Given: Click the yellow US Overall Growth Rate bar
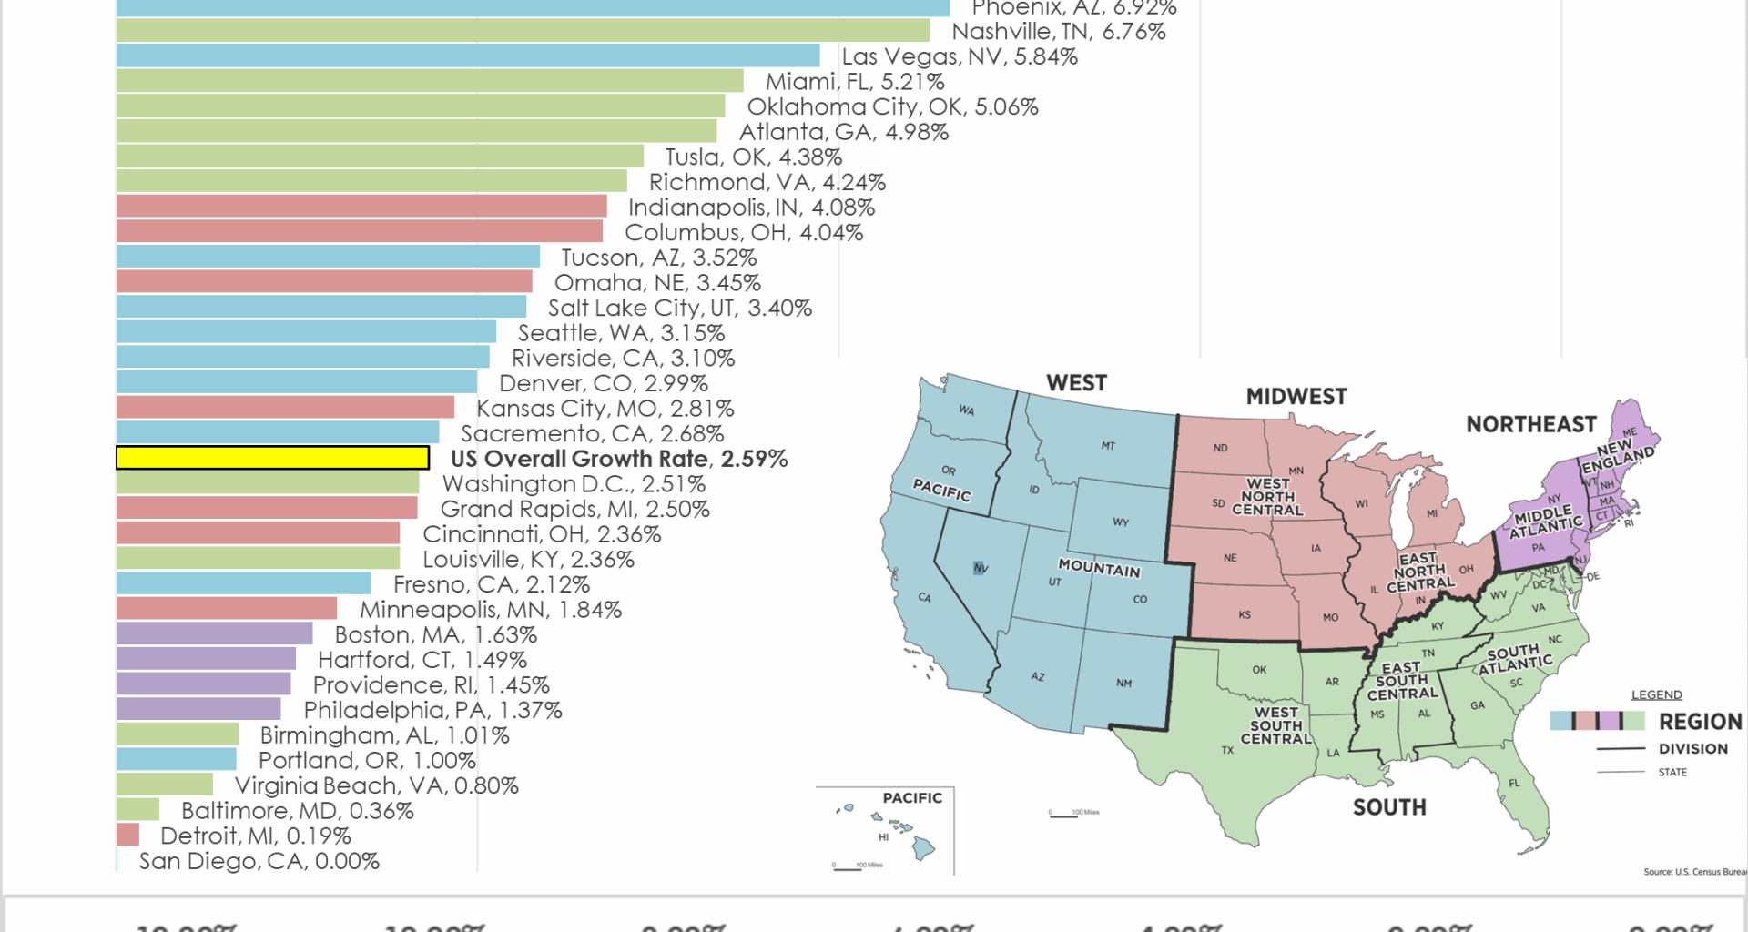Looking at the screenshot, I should point(272,458).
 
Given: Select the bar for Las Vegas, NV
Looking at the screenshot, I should point(467,56).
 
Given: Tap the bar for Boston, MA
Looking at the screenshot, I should point(214,634).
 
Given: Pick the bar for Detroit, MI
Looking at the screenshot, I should point(127,835).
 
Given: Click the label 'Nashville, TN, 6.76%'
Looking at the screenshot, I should point(1058,32).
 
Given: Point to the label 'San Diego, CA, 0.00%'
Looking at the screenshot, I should point(259,861).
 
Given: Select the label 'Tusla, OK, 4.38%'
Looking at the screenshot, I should point(753,157).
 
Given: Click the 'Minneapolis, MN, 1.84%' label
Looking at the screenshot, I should point(490,610).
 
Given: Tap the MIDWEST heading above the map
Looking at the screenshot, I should point(1296,397).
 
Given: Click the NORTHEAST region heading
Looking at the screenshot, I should point(1530,425).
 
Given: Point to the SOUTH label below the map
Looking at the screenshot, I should point(1388,807).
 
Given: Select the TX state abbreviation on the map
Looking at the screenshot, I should point(1227,751).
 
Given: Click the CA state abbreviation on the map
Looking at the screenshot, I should point(924,598).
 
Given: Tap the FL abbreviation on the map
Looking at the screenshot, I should point(1514,784).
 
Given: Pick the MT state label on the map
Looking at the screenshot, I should point(1107,446).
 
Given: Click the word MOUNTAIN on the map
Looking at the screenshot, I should point(1099,568).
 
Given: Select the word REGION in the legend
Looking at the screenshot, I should point(1699,722).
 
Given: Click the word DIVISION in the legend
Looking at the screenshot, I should point(1692,749).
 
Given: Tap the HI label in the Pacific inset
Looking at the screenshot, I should point(883,837).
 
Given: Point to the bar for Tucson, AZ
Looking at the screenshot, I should point(328,258).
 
